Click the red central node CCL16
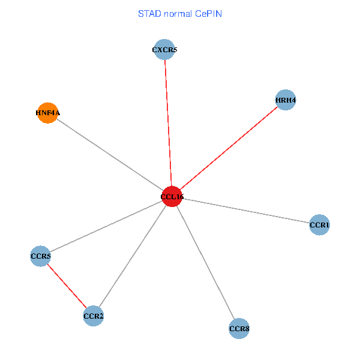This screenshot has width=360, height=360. [172, 196]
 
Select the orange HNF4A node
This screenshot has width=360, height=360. [47, 112]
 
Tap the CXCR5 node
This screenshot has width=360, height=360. [164, 50]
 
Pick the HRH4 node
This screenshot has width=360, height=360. [286, 100]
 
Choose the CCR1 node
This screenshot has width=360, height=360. [319, 225]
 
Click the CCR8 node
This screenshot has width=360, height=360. [239, 328]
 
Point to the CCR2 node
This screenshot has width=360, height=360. [94, 316]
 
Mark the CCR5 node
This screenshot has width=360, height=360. [40, 256]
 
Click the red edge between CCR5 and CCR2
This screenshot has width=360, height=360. [67, 286]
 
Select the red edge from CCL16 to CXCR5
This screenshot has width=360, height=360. [168, 123]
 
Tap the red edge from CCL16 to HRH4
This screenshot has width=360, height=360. [229, 148]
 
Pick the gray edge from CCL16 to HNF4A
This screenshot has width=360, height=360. [110, 154]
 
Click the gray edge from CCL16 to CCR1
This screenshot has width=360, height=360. [246, 211]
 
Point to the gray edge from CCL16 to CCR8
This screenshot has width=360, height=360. [205, 262]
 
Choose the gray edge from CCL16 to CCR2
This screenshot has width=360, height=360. [133, 256]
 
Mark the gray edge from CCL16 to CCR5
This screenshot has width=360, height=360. [106, 226]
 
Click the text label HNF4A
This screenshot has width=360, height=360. [47, 112]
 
